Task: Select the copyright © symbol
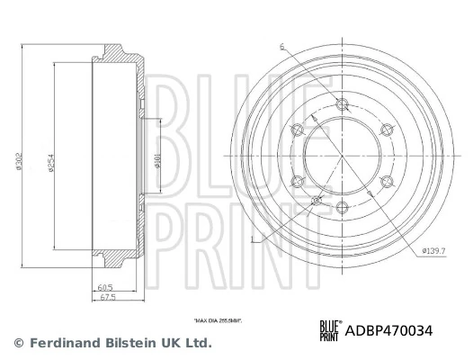click(17, 343)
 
